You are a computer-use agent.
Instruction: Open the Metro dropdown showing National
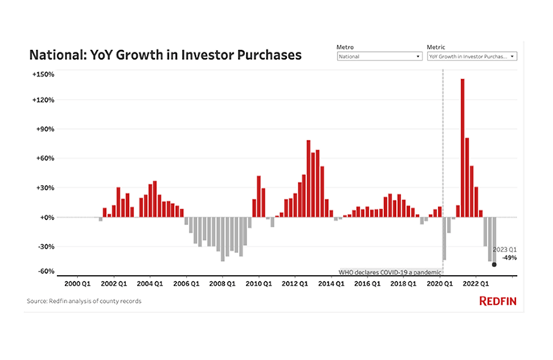coord(379,56)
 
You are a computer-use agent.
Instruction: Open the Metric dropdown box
coord(472,56)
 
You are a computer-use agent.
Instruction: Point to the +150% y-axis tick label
coord(43,74)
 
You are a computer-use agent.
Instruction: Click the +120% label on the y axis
coord(43,100)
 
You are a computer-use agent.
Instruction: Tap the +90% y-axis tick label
coord(44,129)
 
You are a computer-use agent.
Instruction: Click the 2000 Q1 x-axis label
coord(77,283)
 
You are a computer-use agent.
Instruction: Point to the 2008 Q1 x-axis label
coord(222,283)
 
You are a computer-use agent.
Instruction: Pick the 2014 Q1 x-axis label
coord(330,283)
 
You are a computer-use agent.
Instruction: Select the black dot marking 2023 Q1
coord(494,264)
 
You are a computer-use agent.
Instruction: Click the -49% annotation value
coord(509,258)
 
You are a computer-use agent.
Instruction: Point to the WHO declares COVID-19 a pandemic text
coord(389,272)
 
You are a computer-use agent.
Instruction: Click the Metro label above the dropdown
coord(344,46)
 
